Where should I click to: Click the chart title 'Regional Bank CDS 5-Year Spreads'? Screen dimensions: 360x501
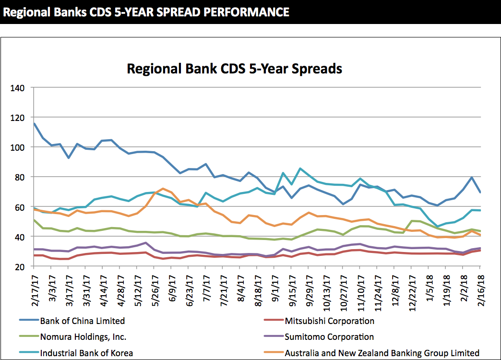[x=234, y=69]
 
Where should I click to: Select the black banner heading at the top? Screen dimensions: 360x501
[x=146, y=12]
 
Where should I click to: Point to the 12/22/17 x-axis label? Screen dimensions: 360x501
[x=411, y=291]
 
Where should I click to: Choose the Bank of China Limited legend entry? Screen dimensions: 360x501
[x=82, y=321]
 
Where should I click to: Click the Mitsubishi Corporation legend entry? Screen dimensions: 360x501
[x=329, y=321]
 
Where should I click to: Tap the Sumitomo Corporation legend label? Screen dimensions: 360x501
[x=329, y=337]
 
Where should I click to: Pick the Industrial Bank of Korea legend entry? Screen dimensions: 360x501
[x=86, y=353]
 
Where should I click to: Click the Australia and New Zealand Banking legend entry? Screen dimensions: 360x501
[x=382, y=353]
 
